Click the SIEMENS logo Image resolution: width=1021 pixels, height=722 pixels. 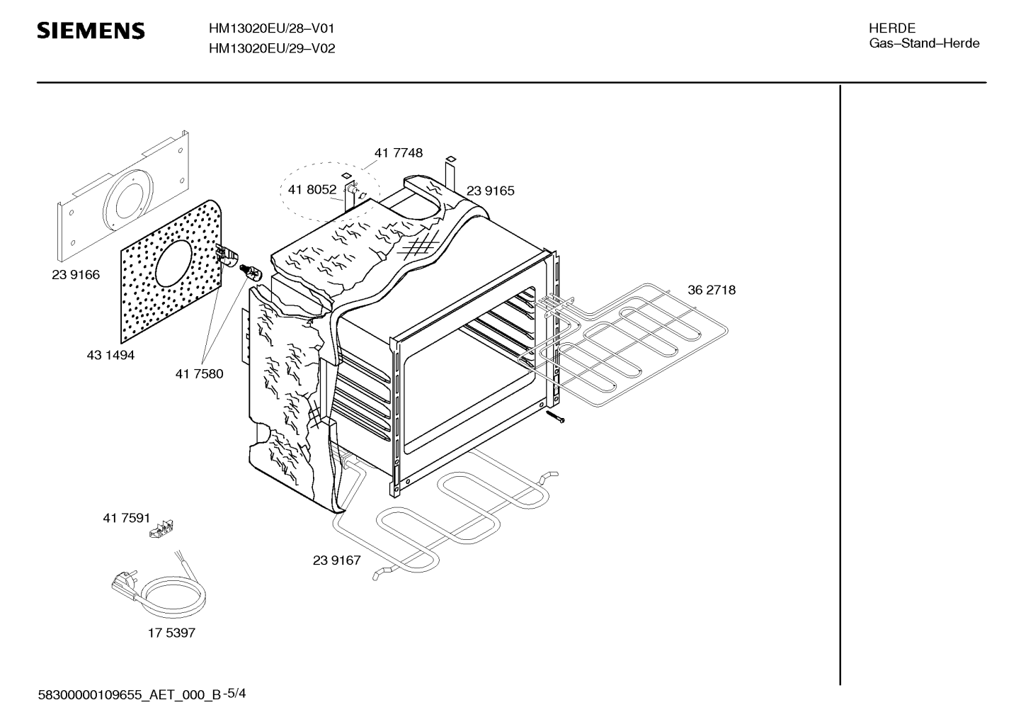coord(91,30)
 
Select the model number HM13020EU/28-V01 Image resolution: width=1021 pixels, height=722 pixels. coord(272,28)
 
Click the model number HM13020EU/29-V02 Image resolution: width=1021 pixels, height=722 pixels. coord(272,48)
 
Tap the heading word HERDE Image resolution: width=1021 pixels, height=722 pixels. coord(891,28)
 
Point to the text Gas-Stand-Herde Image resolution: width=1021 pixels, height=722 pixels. coord(924,43)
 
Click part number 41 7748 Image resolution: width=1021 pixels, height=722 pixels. coord(399,153)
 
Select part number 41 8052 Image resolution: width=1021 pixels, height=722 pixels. coord(312,189)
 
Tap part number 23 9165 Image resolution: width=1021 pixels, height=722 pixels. coord(490,191)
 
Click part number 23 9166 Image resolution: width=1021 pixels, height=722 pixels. coord(76,275)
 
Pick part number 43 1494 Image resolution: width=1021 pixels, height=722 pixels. coord(110,355)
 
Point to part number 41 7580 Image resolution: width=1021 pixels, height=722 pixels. coord(199,374)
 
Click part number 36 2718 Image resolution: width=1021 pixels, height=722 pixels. coord(711,290)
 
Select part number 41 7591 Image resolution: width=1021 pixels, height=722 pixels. coord(126,518)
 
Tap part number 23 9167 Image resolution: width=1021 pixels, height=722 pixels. coord(336,560)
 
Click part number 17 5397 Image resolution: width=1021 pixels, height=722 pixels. coord(171,633)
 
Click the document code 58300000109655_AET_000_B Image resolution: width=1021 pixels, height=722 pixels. coord(130,695)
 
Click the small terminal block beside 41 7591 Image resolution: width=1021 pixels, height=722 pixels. coord(161,529)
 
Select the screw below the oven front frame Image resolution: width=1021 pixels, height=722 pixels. coord(554,416)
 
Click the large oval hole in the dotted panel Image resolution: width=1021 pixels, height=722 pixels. coord(173,264)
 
